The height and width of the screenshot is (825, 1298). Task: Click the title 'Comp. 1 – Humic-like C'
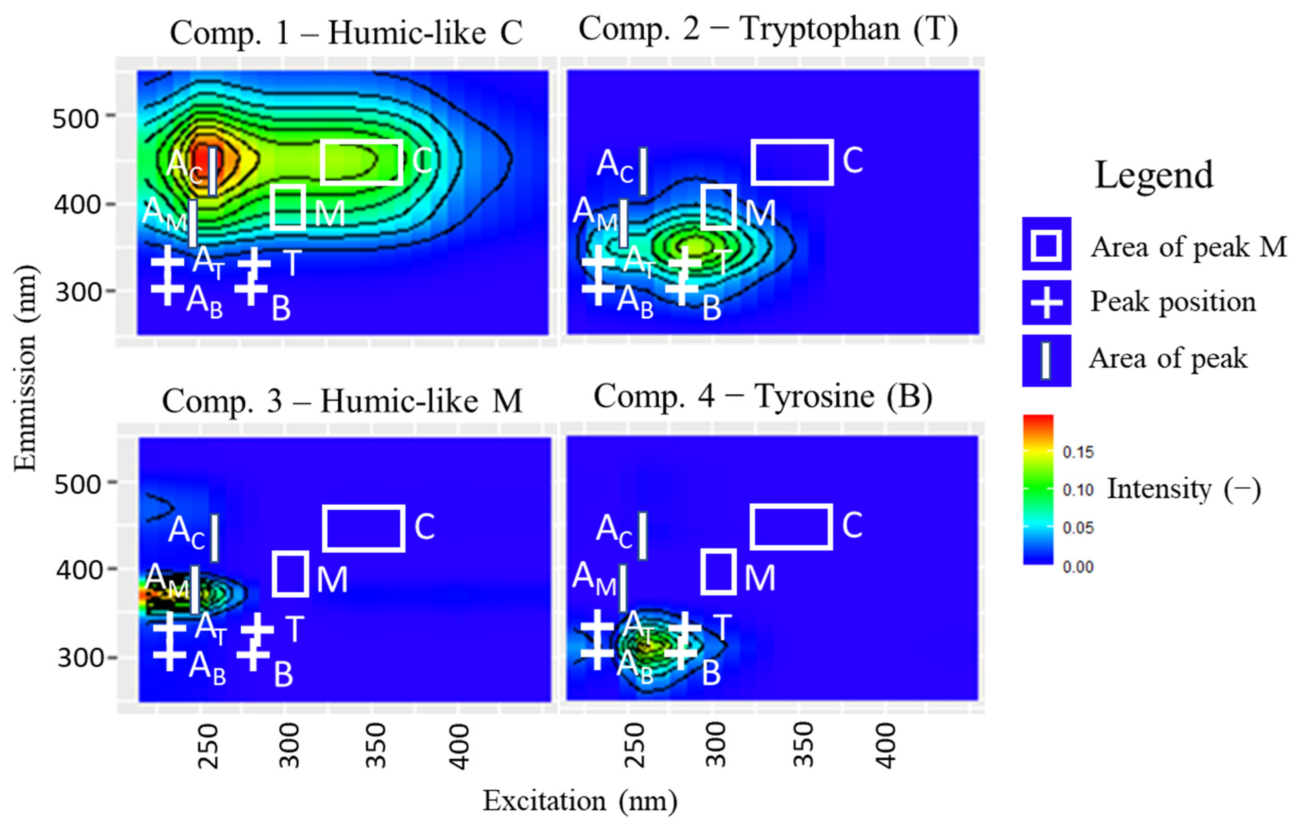pos(346,34)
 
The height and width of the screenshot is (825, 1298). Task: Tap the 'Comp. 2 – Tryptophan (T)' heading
pos(768,29)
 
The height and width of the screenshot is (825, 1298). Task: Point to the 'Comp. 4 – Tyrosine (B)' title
pos(763,397)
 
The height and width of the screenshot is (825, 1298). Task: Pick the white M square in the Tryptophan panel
pos(719,207)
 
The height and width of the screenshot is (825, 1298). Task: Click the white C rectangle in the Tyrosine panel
pos(791,527)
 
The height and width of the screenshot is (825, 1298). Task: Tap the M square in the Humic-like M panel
pos(291,574)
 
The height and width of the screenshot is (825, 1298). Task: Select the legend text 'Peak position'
pos(1174,302)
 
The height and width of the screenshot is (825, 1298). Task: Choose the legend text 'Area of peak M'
pos(1188,248)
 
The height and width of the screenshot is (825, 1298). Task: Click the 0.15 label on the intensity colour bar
pos(1078,452)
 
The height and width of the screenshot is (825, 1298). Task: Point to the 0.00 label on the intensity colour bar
pos(1078,567)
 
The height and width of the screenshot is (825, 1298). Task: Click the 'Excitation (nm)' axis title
pos(579,800)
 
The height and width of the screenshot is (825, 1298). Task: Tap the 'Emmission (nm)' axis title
pos(25,368)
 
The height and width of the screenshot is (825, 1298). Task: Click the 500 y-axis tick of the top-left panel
pos(76,118)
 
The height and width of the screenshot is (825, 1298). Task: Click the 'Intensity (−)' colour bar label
pos(1184,489)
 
